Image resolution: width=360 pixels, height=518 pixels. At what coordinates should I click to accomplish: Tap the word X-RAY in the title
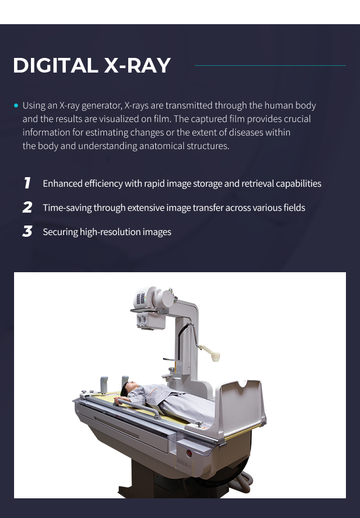click(137, 65)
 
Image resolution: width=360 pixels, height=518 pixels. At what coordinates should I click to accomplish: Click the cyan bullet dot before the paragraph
click(16, 106)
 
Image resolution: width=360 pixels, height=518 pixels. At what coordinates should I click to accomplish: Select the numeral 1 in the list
click(28, 183)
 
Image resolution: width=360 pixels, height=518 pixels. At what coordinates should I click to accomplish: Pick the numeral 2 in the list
click(28, 208)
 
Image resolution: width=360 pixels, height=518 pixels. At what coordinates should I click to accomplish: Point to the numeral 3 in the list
click(28, 231)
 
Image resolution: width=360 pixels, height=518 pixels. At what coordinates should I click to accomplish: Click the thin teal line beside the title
click(270, 65)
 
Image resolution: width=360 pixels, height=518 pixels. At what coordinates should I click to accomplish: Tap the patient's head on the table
click(129, 388)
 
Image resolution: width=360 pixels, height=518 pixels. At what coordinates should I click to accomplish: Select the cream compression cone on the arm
click(215, 357)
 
